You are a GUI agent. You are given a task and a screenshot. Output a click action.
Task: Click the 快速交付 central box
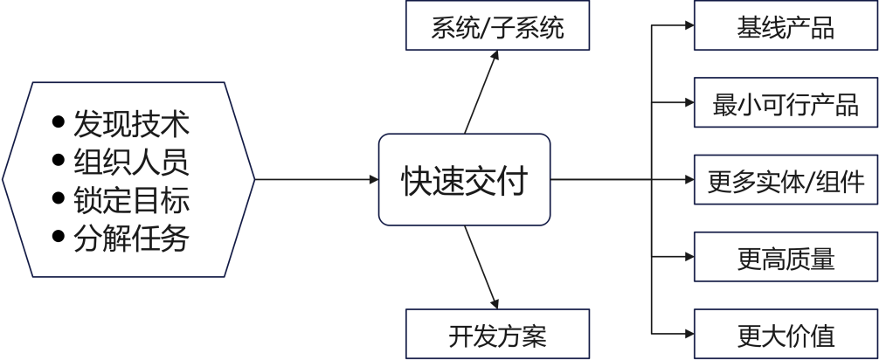(x=464, y=180)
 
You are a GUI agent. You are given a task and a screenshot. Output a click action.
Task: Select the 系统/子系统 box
(x=497, y=28)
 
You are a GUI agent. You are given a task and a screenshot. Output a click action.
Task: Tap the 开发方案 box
(x=497, y=335)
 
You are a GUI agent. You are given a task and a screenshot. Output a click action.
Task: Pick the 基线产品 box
(x=786, y=28)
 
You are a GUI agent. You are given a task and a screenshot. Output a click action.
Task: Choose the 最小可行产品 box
(x=786, y=105)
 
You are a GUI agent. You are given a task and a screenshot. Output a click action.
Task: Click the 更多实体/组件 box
(x=786, y=182)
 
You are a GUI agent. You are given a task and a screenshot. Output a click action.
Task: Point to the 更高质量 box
(x=786, y=259)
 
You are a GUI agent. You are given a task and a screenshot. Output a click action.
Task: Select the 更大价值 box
(x=786, y=335)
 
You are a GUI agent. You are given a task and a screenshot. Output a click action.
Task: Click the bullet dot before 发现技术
(x=59, y=122)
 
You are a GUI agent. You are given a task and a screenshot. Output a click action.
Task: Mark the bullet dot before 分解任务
(x=59, y=238)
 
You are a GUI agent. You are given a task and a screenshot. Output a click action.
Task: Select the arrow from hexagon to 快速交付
(x=315, y=181)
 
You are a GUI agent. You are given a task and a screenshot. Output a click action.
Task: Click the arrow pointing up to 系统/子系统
(x=481, y=92)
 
